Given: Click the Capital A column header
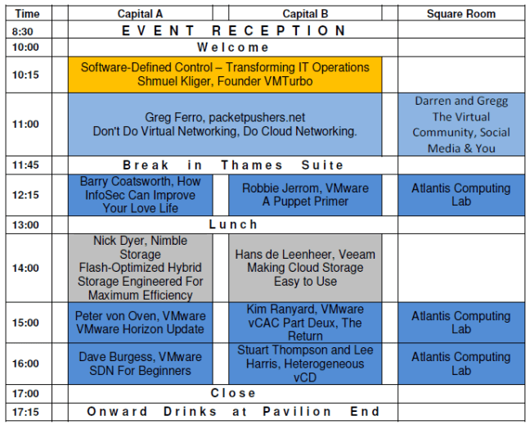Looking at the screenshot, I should pos(140,14).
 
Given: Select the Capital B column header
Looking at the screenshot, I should pos(305,14).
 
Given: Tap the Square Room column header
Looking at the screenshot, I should pos(461,14).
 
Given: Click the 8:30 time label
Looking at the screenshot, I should pos(25,31).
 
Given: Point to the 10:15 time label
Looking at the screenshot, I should pos(25,75).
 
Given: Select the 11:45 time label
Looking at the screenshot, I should pos(25,165).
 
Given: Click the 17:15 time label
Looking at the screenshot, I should pos(25,411).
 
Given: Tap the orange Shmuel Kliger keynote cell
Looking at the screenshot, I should pos(224,75).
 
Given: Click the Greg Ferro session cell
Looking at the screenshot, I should pos(224,124).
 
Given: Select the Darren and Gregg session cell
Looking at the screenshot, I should pos(461,124).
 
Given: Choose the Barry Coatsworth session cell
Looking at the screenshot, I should pos(140,195).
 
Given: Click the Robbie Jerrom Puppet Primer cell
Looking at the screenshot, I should pos(305,195).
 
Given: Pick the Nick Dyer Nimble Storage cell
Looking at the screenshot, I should pos(140,268).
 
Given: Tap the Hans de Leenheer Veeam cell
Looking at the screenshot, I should pos(305,268).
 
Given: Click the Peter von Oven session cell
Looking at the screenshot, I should pos(140,323).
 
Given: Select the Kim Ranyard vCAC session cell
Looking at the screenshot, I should pos(305,323).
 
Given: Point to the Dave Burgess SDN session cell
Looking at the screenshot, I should pos(140,364).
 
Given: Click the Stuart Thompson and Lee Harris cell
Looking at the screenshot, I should pos(305,364).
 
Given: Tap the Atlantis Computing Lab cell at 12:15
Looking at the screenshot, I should pos(461,195).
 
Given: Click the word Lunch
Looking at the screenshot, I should pos(233,224).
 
